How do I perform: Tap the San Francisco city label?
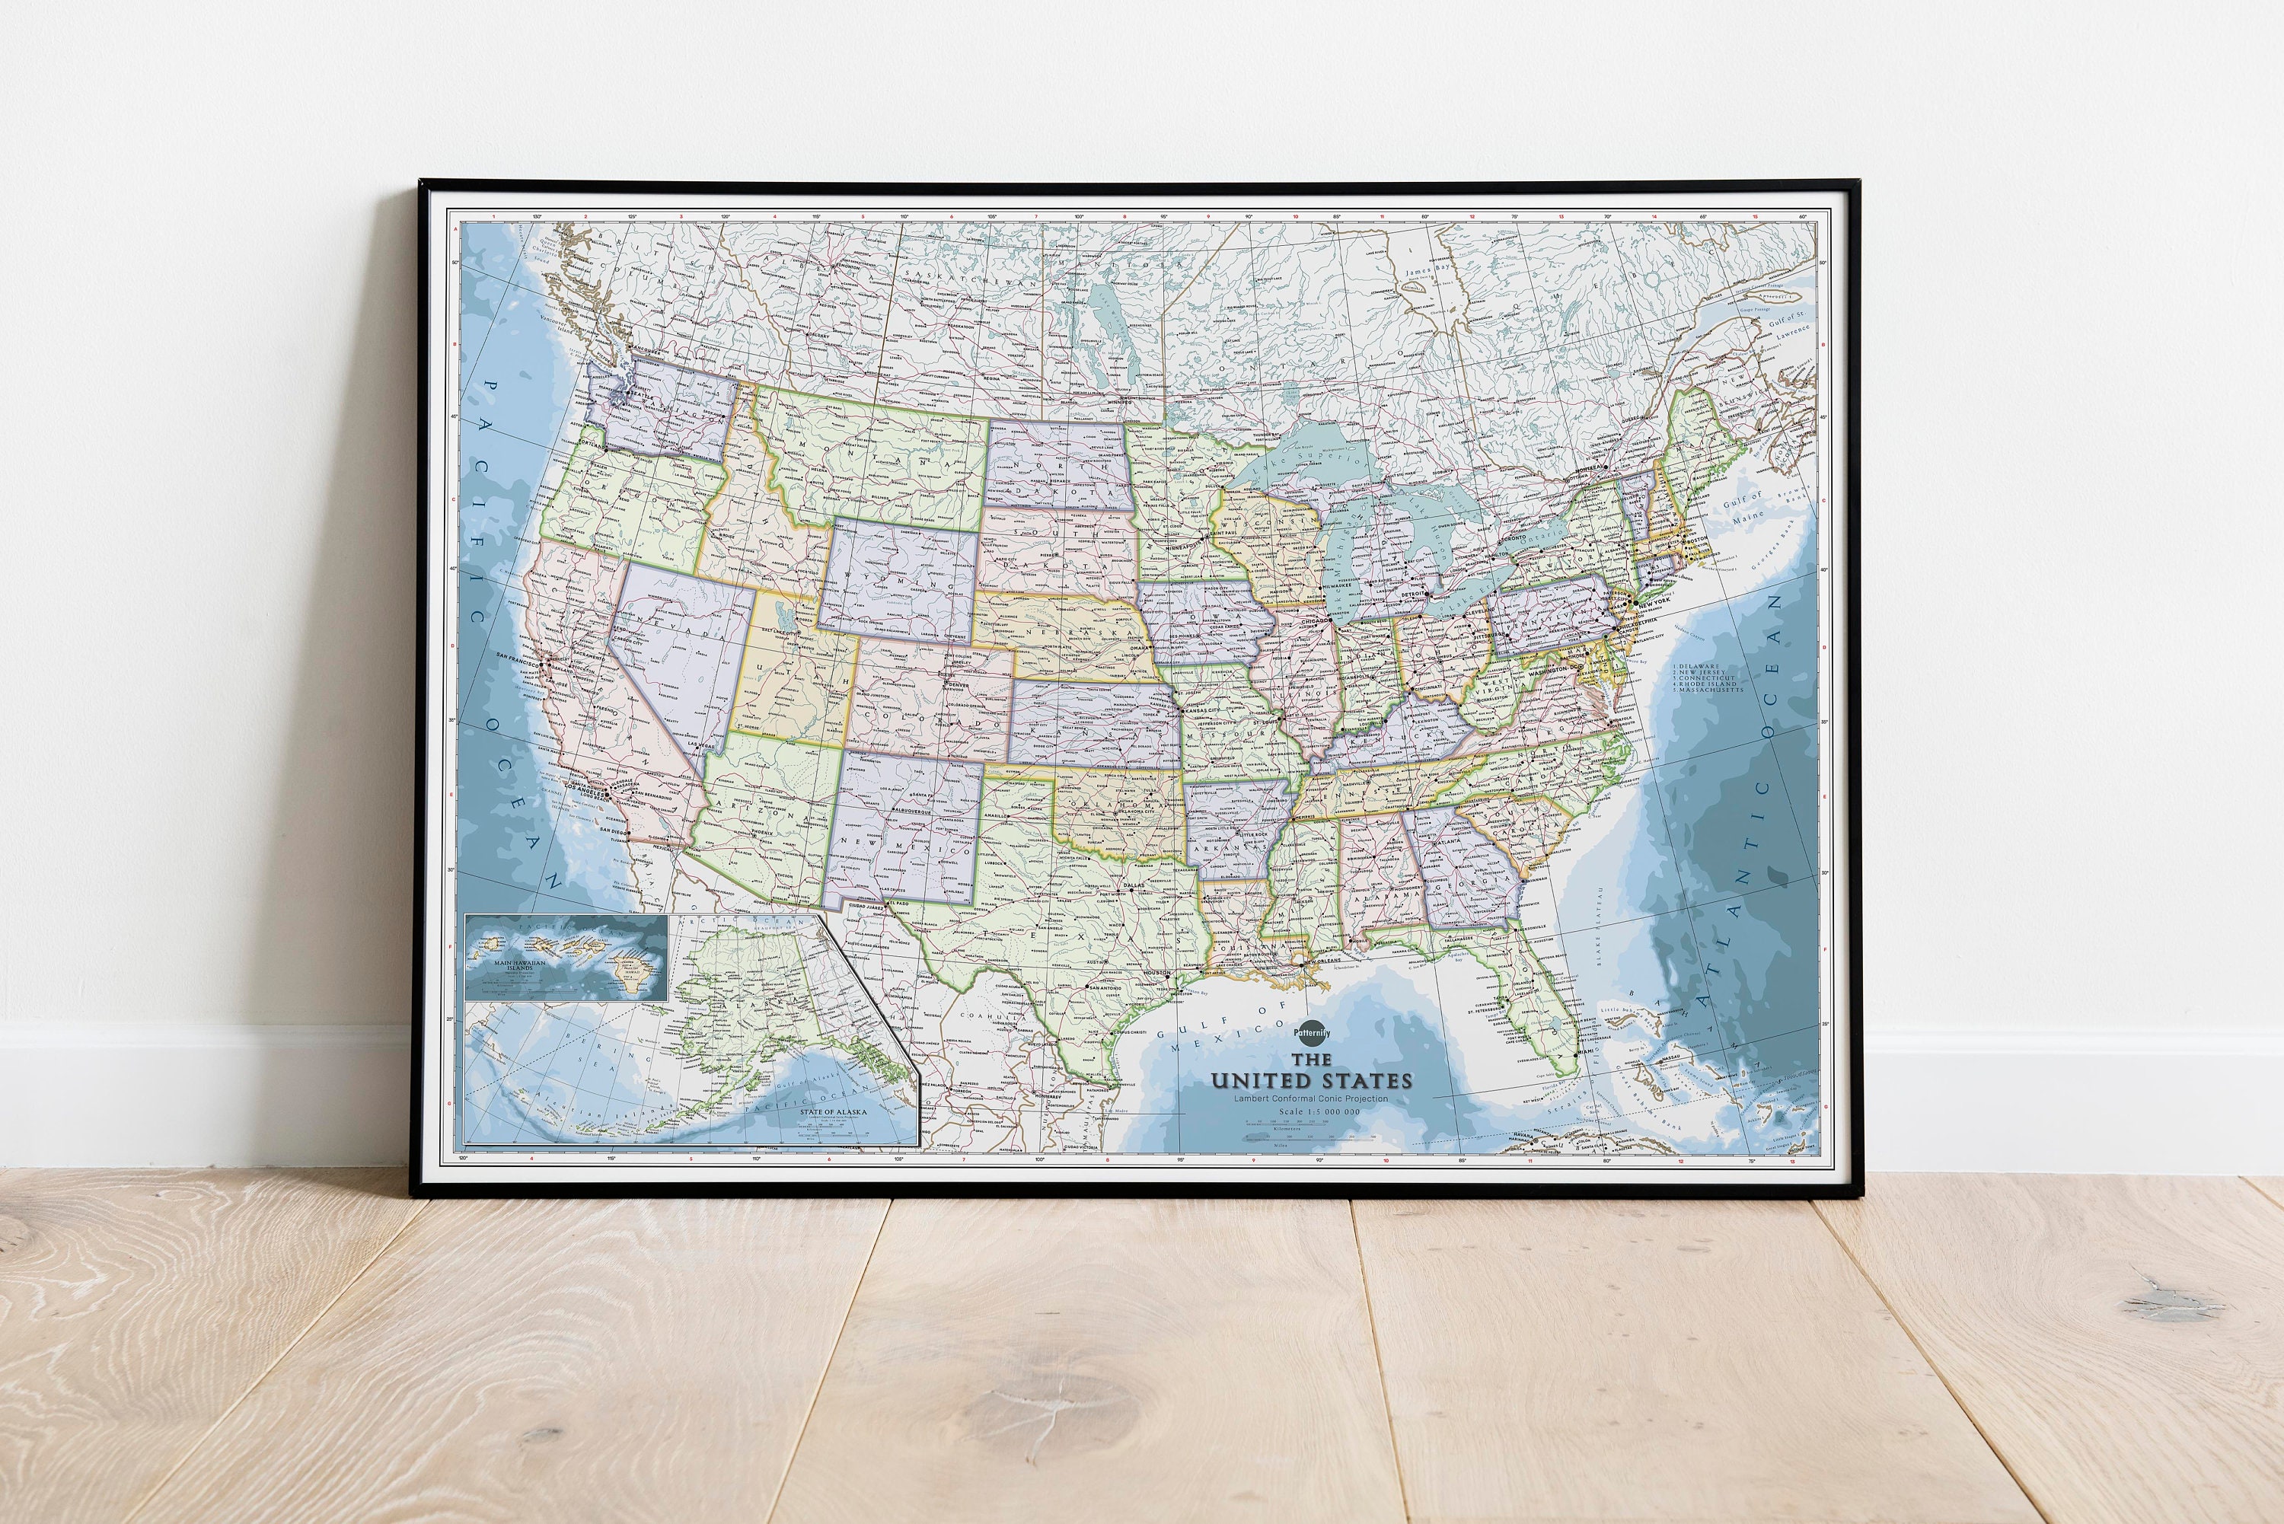coord(516,657)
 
